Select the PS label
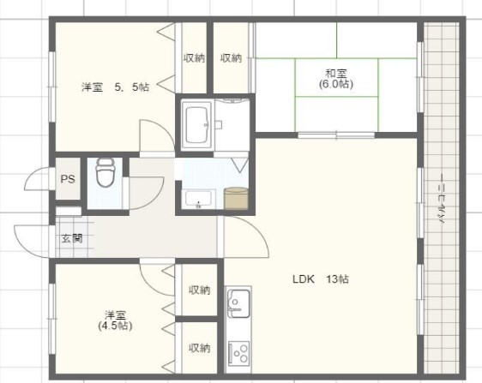[68, 179]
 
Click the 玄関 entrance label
[71, 238]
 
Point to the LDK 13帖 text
[320, 279]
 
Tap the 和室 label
[334, 73]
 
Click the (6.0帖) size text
[334, 85]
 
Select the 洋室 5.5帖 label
[115, 87]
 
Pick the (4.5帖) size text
[114, 326]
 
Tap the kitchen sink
[238, 303]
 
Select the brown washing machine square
[235, 197]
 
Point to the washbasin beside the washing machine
[200, 200]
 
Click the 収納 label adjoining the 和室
[231, 58]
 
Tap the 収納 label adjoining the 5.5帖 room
[194, 58]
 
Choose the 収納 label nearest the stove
[199, 347]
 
